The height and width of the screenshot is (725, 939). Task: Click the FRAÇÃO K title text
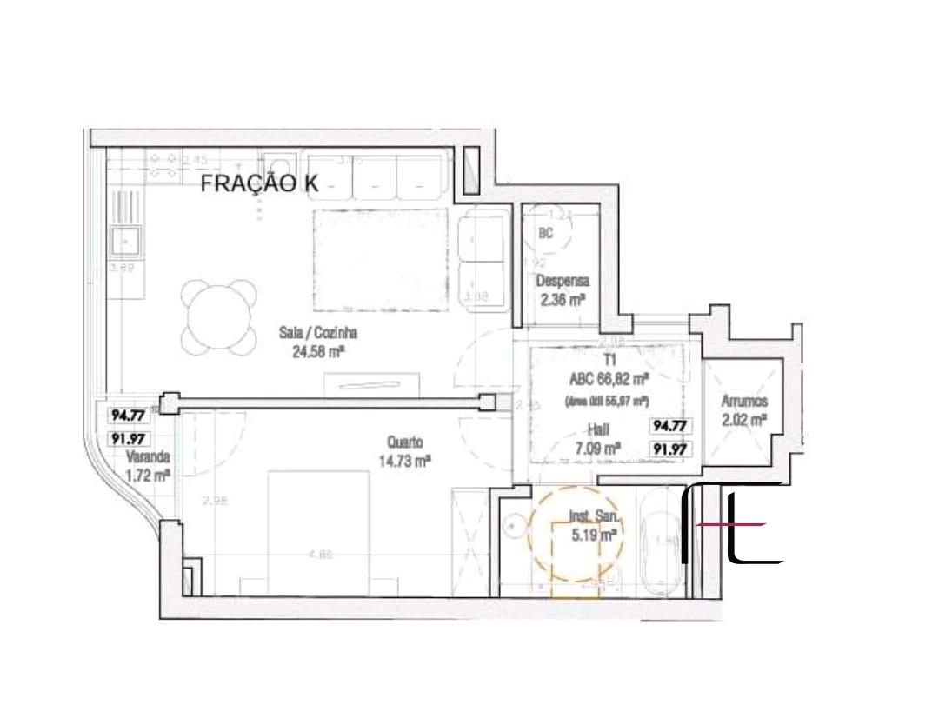(260, 183)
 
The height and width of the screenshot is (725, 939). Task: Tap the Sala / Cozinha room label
(318, 332)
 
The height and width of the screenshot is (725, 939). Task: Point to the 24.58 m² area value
(319, 351)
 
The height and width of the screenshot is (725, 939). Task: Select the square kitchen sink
(126, 238)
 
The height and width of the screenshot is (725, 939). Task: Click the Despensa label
(563, 281)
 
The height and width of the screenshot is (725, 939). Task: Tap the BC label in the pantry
(546, 233)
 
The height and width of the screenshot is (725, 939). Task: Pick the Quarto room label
(402, 443)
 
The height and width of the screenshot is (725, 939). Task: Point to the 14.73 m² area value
(405, 462)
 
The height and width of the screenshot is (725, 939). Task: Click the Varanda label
(147, 457)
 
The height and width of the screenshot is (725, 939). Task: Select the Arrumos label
(743, 402)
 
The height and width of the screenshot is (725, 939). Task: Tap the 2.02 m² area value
(744, 422)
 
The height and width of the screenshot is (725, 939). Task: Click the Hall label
(597, 429)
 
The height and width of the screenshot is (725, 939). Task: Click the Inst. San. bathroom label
(595, 517)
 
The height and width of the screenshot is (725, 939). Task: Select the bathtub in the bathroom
(661, 543)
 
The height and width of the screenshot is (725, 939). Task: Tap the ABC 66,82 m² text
(609, 379)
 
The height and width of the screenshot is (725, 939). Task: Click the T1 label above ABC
(609, 360)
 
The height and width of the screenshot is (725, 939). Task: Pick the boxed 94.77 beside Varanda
(127, 416)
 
